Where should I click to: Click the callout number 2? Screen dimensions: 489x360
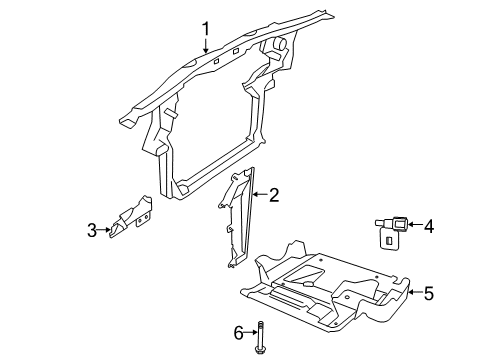[x=273, y=196]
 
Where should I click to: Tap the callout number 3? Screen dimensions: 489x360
[x=91, y=231]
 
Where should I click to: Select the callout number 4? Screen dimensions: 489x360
[x=429, y=226]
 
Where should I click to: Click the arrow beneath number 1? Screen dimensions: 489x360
[x=206, y=47]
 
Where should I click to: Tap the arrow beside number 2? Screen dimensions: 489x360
[x=256, y=196]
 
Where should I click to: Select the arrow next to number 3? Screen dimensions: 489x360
[x=105, y=231]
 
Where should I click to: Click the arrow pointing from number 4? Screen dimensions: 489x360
[x=412, y=226]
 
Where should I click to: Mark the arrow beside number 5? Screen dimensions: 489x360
[x=412, y=294]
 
